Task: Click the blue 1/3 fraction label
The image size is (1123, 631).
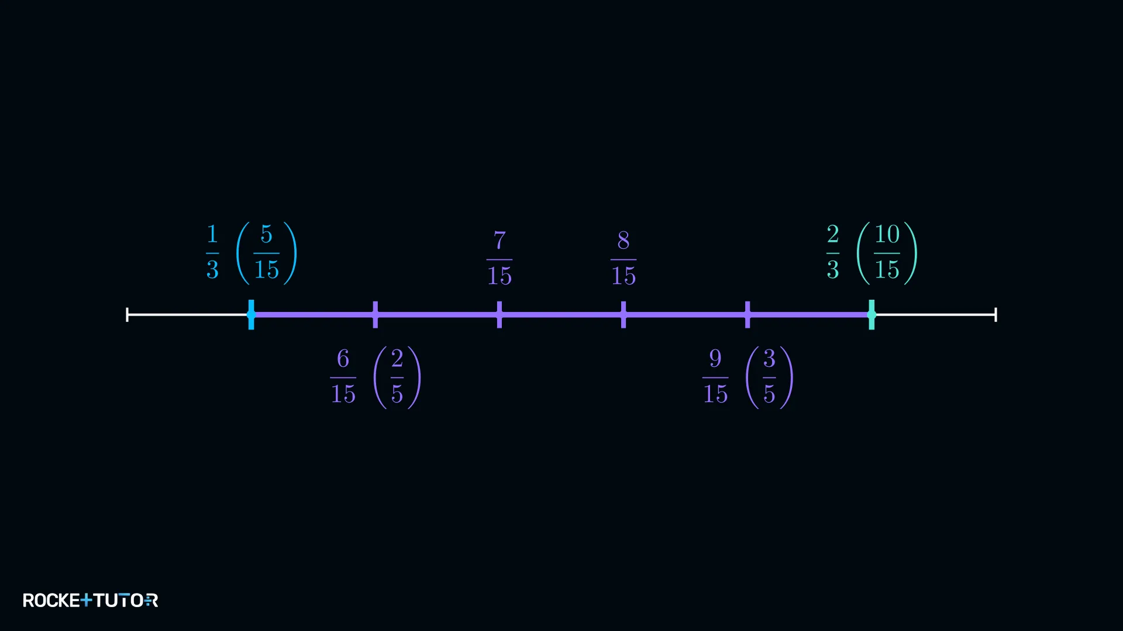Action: (212, 252)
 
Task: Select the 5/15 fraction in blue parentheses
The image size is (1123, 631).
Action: (266, 252)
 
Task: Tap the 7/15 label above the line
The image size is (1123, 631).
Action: (500, 258)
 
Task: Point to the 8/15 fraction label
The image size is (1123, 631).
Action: (623, 258)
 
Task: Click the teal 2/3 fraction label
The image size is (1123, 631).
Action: (833, 252)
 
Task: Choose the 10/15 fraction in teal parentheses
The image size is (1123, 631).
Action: (887, 252)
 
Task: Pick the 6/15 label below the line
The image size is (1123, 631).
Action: (343, 376)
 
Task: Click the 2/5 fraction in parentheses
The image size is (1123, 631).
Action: (397, 377)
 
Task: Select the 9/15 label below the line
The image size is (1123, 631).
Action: (715, 376)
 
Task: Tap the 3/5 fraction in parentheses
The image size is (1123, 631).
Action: (769, 377)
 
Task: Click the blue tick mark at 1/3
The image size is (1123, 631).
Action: (251, 314)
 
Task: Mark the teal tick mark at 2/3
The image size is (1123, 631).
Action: (871, 314)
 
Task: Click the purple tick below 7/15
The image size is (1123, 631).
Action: (500, 314)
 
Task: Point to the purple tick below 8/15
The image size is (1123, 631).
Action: (623, 314)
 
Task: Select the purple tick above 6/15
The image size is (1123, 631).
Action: (376, 314)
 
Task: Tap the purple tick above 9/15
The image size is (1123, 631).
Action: (747, 314)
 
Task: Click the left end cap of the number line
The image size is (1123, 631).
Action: (127, 314)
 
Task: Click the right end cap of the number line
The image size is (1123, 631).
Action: (995, 314)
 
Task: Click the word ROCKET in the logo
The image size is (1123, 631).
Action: (57, 600)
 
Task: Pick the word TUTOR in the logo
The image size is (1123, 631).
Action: (126, 600)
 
